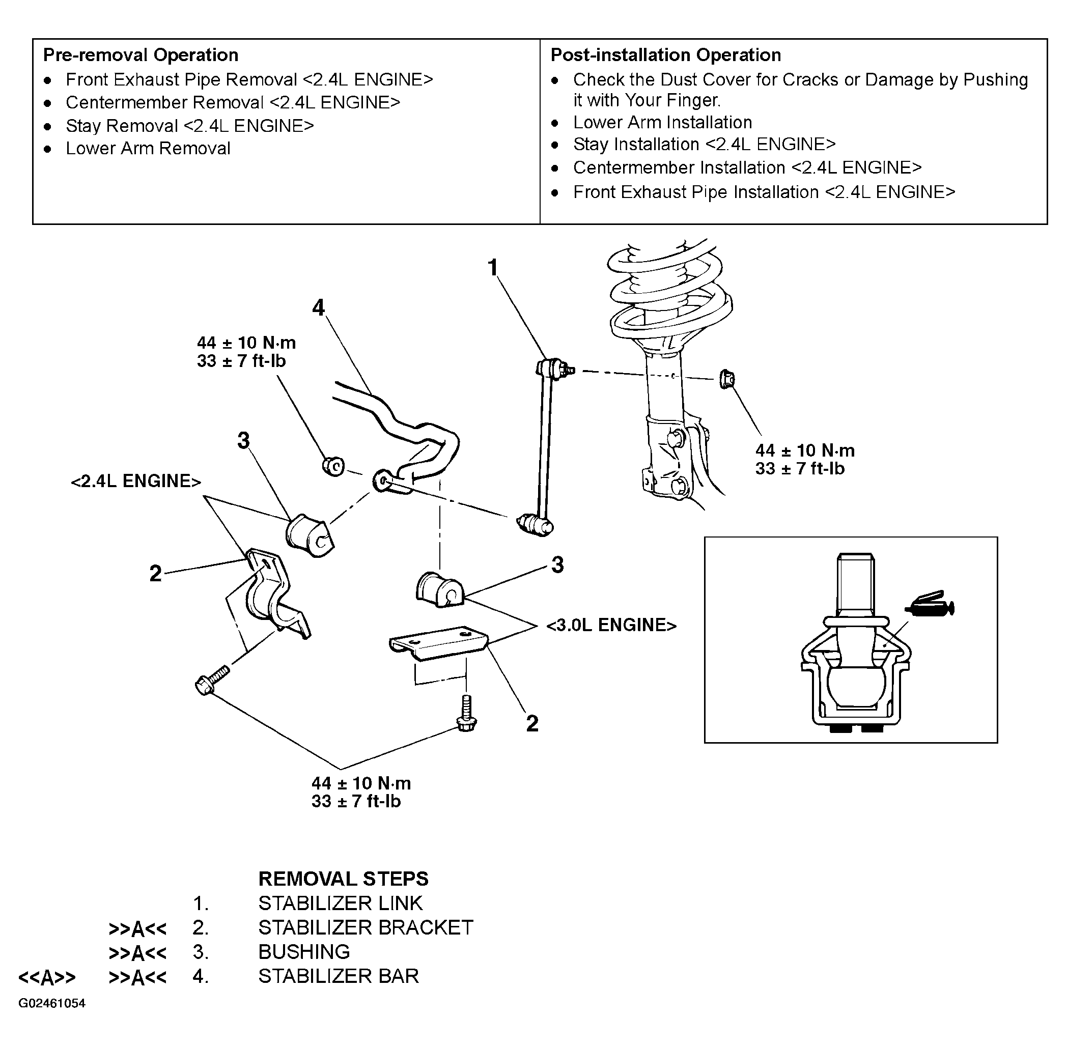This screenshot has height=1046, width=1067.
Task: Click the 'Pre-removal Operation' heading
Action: [141, 55]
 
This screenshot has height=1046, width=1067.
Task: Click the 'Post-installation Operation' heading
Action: [666, 55]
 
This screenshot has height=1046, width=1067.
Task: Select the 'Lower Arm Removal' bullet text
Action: [148, 148]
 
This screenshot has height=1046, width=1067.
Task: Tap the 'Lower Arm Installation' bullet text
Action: [663, 122]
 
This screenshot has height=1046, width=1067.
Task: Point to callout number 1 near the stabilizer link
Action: [493, 268]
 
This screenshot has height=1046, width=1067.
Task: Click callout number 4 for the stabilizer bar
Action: [319, 307]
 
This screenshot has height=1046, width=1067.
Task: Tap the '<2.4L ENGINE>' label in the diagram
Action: [136, 481]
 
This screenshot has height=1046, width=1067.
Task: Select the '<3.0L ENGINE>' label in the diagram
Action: [611, 625]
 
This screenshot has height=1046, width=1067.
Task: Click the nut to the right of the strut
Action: [727, 379]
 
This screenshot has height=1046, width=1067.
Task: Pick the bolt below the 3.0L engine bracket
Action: [466, 714]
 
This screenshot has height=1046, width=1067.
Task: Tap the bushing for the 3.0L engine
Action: [440, 589]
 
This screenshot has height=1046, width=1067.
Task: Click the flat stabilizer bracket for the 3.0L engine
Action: [438, 642]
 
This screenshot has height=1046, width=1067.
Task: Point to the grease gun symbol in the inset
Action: [930, 604]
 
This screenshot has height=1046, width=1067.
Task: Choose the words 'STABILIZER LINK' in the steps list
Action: [341, 903]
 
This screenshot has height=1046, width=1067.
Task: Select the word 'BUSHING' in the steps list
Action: [304, 952]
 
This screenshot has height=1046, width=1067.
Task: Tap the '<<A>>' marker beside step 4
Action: [47, 977]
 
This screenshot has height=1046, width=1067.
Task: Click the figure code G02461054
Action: [52, 1004]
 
